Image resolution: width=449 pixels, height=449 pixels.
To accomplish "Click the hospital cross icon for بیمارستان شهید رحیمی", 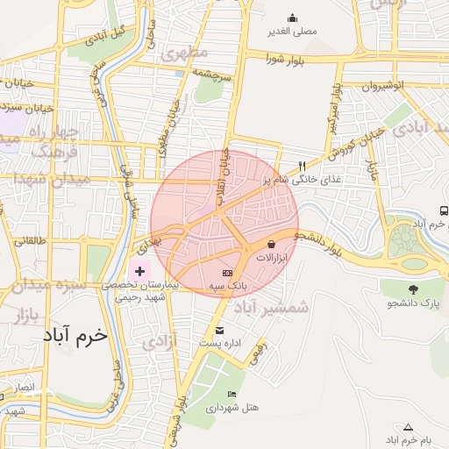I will [x=139, y=271].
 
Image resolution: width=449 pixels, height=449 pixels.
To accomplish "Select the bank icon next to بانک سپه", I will [x=239, y=274].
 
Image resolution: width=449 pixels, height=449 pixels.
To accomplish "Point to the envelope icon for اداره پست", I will [x=219, y=331].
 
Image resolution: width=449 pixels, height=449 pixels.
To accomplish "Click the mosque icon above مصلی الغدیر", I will [x=292, y=18].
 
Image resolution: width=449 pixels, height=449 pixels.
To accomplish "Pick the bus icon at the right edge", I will [x=444, y=210].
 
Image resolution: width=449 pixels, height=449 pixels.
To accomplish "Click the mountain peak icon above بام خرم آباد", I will [x=408, y=426].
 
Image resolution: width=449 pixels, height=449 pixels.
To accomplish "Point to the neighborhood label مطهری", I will [x=187, y=53].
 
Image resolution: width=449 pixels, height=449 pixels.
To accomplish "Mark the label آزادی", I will [x=158, y=341].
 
